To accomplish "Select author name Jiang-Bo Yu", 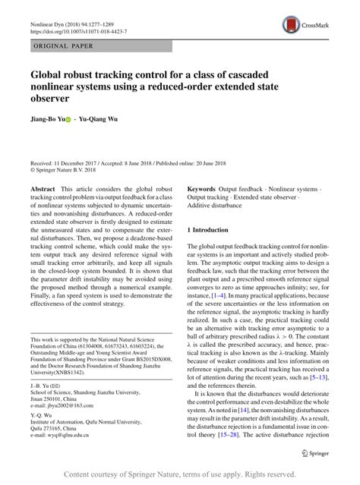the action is pyautogui.click(x=46, y=119).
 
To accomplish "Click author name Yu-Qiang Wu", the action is pyautogui.click(x=101, y=119).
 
